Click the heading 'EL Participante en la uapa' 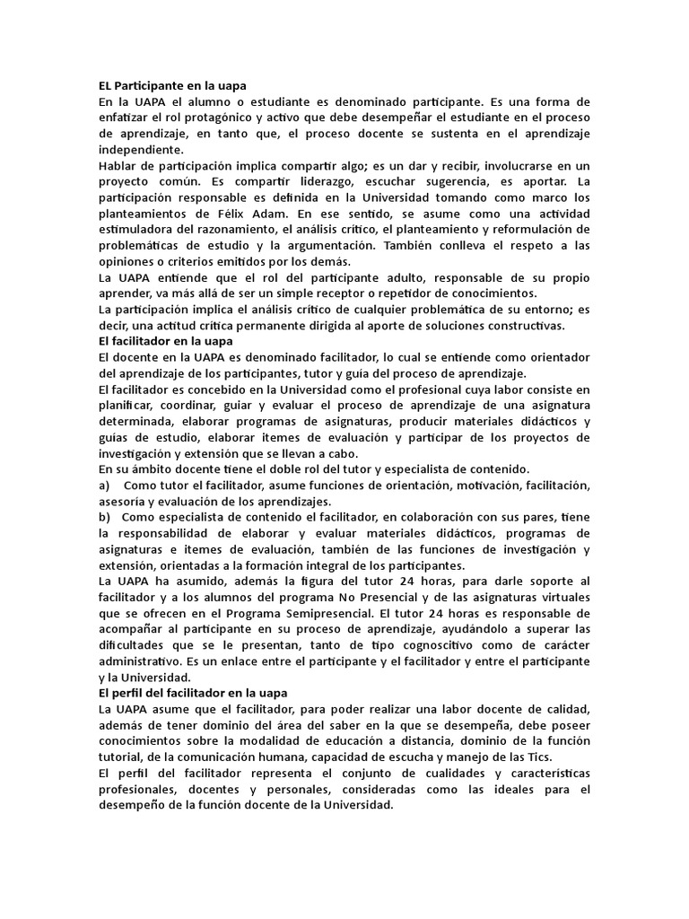171,86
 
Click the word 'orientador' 552,357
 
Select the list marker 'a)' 104,485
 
